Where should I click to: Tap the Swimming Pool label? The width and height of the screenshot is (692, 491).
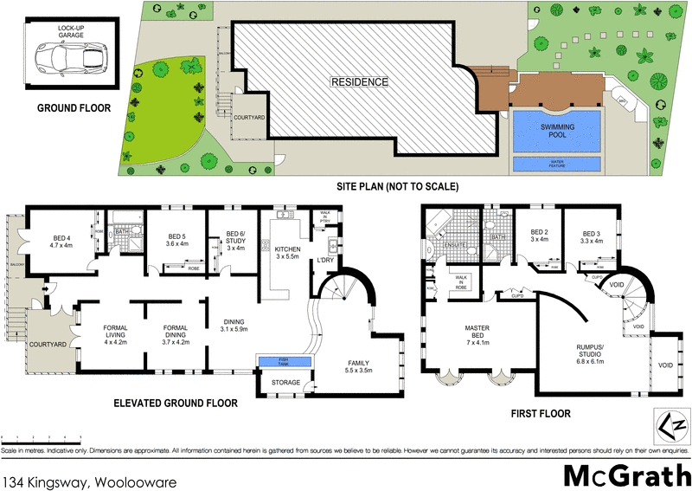(557, 131)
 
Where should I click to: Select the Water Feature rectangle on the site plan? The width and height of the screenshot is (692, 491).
(557, 163)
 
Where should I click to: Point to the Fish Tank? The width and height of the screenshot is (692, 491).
(282, 362)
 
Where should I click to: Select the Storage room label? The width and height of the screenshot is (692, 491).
(285, 383)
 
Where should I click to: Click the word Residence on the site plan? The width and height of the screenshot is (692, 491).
(359, 82)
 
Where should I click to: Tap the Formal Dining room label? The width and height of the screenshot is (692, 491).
(176, 333)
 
